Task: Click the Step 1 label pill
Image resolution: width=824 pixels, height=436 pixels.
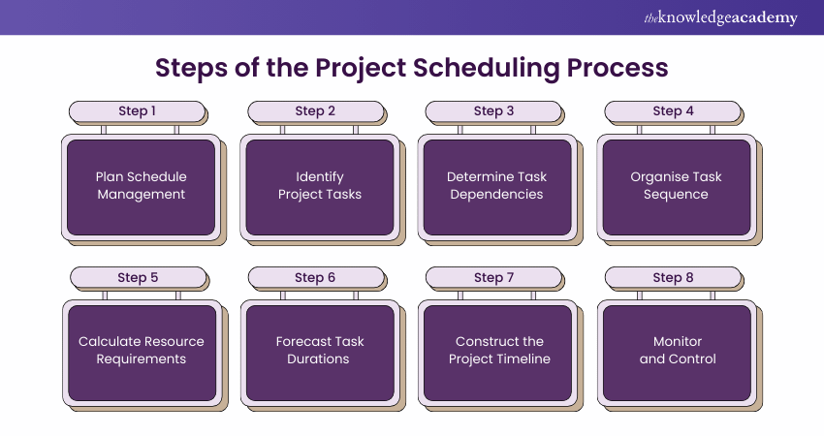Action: point(137,111)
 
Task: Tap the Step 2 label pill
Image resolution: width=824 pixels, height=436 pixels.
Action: point(316,111)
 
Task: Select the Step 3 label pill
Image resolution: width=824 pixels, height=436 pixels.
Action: point(493,111)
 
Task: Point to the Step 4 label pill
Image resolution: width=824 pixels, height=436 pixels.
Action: point(673,111)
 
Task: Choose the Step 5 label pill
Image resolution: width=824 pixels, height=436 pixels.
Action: point(139,277)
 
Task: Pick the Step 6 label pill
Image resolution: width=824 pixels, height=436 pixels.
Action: point(316,277)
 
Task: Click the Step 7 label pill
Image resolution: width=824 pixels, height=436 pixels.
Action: point(493,277)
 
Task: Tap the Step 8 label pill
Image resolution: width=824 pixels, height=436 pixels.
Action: point(673,277)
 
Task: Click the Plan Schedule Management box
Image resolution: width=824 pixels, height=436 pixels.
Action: point(142,187)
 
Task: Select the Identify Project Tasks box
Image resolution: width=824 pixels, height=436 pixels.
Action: point(320,187)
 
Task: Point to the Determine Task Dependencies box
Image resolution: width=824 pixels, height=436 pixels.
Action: point(497,187)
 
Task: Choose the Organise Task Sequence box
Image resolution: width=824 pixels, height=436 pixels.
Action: point(677,187)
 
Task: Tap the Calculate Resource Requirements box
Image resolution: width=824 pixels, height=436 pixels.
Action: point(143,353)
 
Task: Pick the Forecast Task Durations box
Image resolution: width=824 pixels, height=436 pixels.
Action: point(321,353)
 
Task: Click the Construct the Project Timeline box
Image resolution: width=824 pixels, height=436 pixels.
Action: point(498,353)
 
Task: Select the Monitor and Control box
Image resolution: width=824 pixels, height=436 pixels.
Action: point(678,353)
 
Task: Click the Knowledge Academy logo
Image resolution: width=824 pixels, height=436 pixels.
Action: point(720,17)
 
